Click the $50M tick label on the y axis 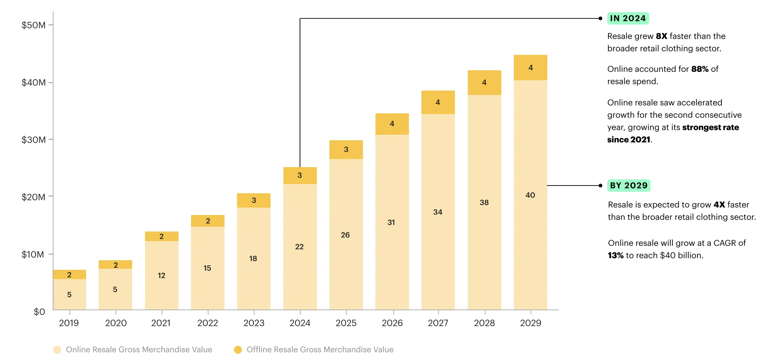click(x=33, y=25)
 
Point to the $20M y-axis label click(x=33, y=197)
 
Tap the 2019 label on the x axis click(x=69, y=323)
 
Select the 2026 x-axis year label click(x=392, y=323)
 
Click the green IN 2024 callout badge click(x=628, y=18)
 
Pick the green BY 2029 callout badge click(x=628, y=186)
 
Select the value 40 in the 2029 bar click(x=530, y=195)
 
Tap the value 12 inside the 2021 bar click(x=161, y=275)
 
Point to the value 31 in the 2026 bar click(x=391, y=222)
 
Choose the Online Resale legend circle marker click(x=57, y=350)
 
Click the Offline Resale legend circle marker click(x=238, y=350)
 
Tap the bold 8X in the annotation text click(x=661, y=36)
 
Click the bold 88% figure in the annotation click(x=699, y=69)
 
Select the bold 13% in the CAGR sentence click(x=615, y=255)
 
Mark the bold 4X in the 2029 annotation click(x=719, y=205)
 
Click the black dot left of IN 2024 click(x=600, y=18)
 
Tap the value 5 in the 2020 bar click(x=115, y=289)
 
